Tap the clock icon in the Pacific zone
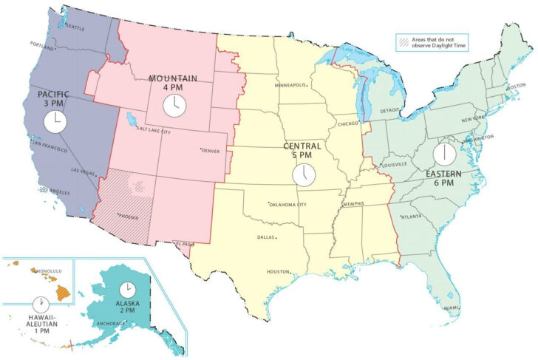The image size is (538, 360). [x=54, y=121]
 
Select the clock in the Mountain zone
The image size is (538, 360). [x=174, y=104]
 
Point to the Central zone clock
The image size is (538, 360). [x=303, y=174]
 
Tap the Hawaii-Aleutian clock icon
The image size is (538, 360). [x=41, y=304]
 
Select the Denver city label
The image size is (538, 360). [x=211, y=151]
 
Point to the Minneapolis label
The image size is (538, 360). [x=290, y=85]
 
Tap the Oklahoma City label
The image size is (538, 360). [x=288, y=204]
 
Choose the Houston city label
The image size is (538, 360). [x=278, y=271]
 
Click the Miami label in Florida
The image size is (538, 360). [x=449, y=308]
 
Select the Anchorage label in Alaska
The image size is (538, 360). [x=111, y=322]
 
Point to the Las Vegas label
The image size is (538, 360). [x=83, y=171]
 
